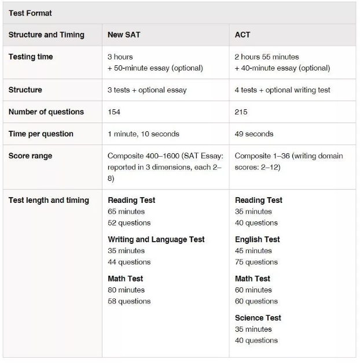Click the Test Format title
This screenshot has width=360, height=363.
30,13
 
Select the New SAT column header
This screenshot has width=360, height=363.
124,35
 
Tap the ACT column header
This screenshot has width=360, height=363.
243,35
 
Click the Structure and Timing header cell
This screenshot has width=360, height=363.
46,35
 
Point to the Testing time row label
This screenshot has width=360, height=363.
31,57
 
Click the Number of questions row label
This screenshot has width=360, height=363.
46,112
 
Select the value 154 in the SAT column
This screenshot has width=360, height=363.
114,112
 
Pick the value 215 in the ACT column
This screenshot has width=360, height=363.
241,112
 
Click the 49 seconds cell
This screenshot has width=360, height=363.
255,134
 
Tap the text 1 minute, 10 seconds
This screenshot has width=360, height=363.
144,134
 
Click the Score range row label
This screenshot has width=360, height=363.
30,156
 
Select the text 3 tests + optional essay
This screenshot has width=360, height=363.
147,90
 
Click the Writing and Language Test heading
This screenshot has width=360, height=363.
156,239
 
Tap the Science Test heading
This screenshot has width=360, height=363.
258,318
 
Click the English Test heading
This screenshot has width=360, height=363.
257,239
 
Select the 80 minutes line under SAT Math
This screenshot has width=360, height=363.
126,290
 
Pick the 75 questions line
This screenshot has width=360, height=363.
256,262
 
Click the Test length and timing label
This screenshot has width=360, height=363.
49,200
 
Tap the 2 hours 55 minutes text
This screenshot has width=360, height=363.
267,57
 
